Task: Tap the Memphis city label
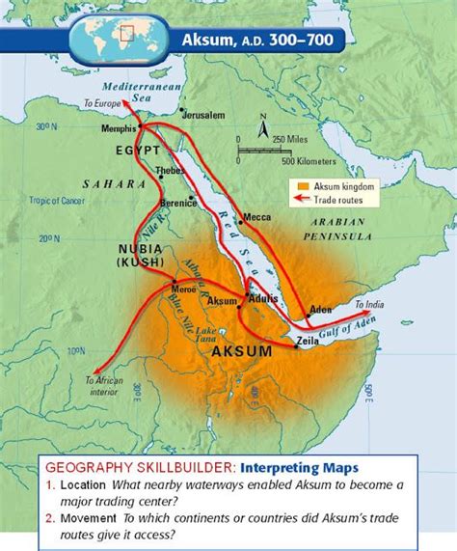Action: [x=118, y=127]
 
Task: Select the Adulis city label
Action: [x=263, y=300]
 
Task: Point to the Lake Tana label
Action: [x=231, y=334]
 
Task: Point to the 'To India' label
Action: [x=371, y=305]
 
